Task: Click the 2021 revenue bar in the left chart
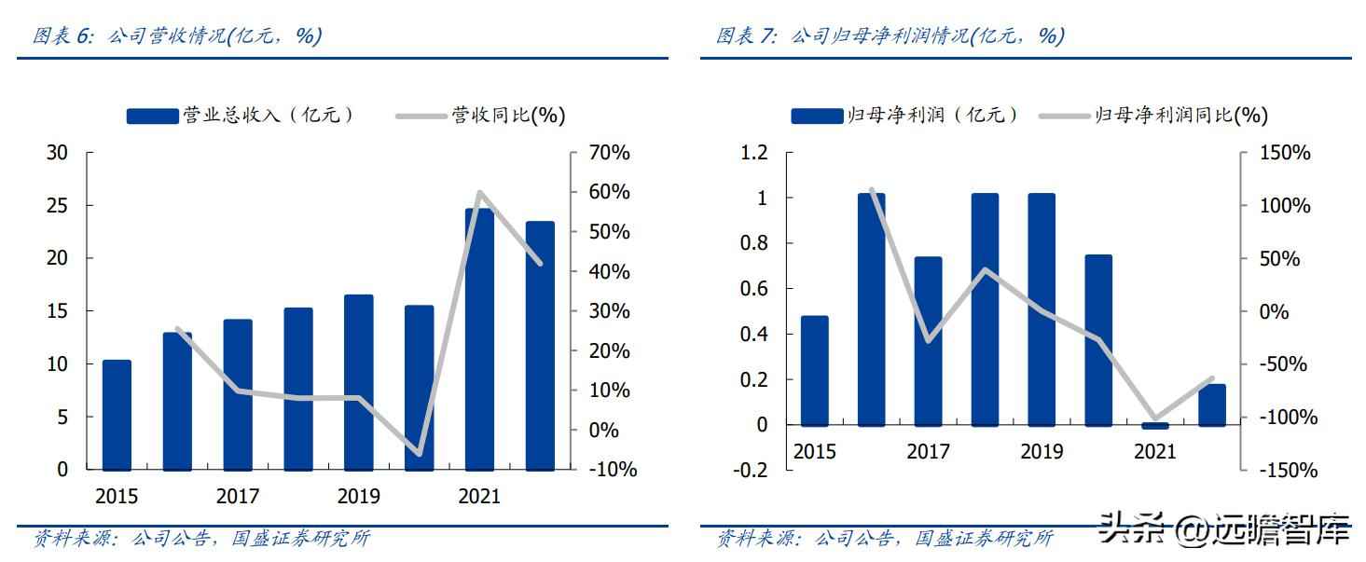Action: (479, 339)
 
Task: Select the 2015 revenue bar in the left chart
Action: (117, 415)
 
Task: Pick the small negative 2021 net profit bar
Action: (1154, 426)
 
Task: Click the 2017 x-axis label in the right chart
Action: (928, 452)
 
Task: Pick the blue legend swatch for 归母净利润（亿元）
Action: (817, 116)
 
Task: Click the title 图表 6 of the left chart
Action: (177, 36)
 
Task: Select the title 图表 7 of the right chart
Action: (890, 36)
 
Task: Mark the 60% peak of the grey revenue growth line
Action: (479, 193)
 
